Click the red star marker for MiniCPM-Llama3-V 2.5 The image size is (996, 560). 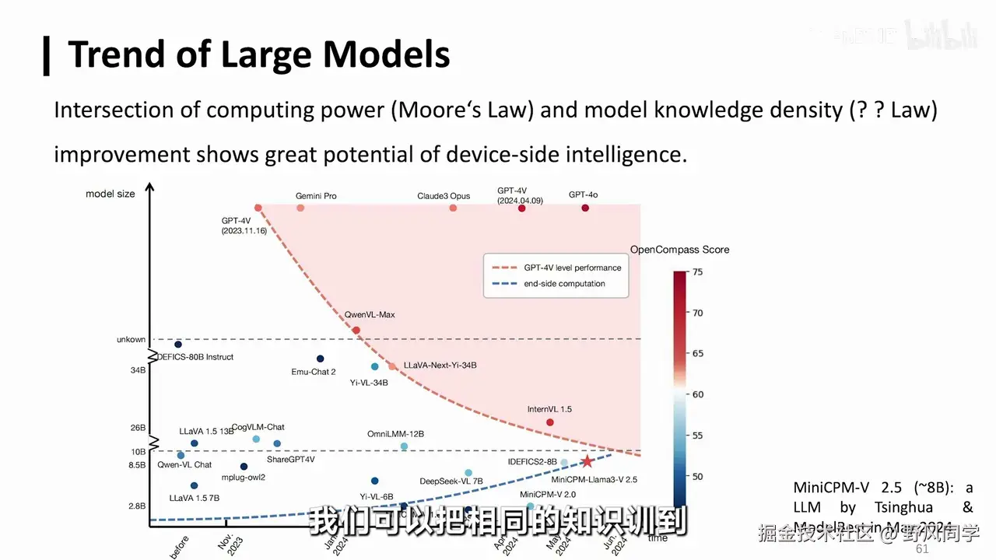click(587, 461)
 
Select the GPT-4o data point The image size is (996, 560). click(585, 208)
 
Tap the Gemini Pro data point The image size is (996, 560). click(300, 208)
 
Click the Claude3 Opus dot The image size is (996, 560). click(453, 208)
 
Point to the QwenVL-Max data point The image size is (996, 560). click(356, 330)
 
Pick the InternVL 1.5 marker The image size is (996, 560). click(549, 422)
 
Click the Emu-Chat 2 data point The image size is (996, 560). click(320, 359)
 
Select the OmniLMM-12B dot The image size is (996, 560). click(404, 446)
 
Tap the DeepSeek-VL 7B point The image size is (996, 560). click(468, 472)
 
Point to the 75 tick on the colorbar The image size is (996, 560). click(698, 271)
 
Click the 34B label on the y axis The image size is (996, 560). click(138, 370)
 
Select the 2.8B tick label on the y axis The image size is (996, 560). click(137, 506)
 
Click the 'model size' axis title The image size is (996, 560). click(110, 194)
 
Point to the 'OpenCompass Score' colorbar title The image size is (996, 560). click(679, 250)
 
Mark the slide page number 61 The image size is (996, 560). click(922, 549)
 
